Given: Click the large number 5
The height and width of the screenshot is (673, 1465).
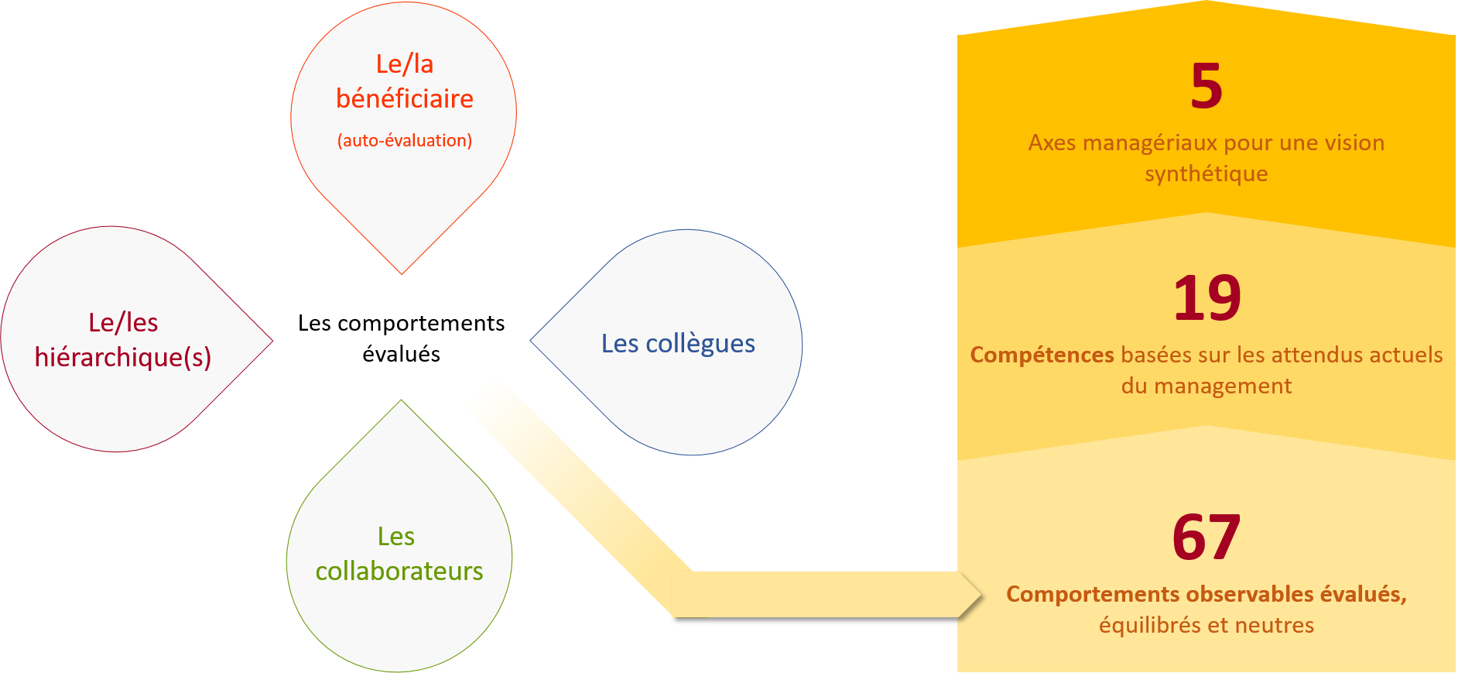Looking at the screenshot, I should point(1207,86).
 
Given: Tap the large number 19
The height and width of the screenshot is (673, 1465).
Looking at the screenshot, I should point(1207,298).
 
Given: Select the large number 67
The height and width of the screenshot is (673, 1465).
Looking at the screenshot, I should point(1207,537).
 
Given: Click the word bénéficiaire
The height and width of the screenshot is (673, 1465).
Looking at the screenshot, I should point(405,99).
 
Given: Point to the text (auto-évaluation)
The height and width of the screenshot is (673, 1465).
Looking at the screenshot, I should point(405,140).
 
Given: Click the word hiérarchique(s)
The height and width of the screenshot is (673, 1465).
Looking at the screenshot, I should point(123,357).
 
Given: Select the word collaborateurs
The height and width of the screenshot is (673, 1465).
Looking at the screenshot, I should point(399,571).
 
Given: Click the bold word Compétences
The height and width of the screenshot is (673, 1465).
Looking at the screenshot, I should point(1042,355).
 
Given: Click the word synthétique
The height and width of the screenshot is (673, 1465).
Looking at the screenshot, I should point(1207,173).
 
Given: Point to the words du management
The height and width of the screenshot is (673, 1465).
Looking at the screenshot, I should point(1207,386).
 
